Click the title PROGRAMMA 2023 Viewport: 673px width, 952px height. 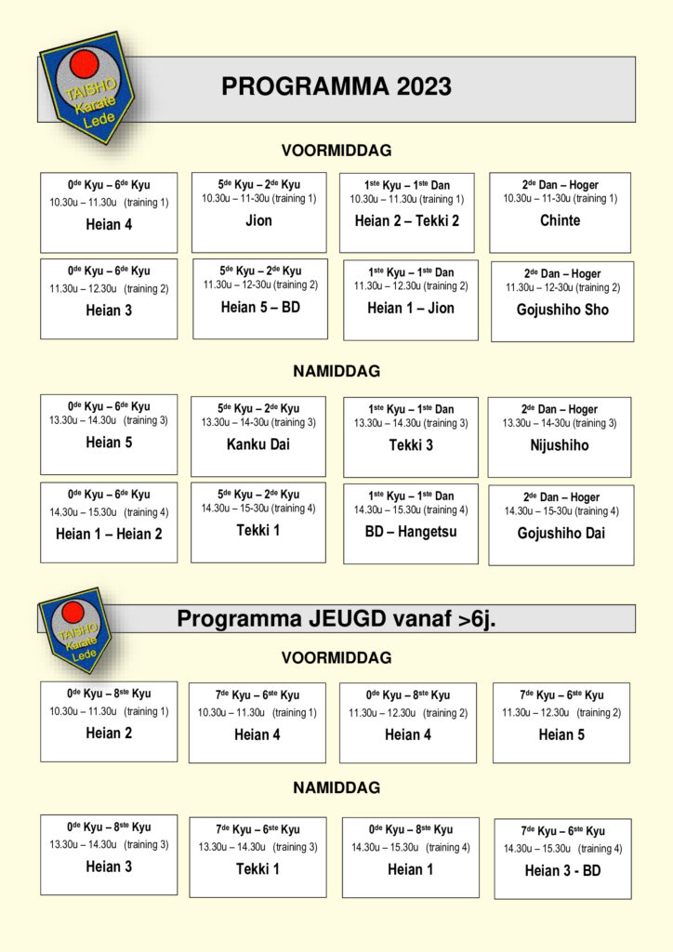click(336, 87)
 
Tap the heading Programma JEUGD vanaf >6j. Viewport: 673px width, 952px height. click(336, 619)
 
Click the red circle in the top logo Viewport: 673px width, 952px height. click(85, 64)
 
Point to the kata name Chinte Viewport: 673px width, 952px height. click(560, 221)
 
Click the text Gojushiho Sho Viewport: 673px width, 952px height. click(562, 311)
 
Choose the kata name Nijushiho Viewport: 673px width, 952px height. click(560, 446)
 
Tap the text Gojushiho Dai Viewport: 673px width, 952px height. click(561, 534)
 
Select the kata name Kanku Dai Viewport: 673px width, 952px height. click(258, 444)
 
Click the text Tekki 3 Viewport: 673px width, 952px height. click(411, 445)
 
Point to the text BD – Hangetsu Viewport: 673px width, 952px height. click(411, 532)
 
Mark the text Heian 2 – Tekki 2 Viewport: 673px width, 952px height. click(407, 221)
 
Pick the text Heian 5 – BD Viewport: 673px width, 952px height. click(260, 308)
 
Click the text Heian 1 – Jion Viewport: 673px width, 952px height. click(411, 309)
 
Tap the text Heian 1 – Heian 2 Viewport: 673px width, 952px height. click(109, 534)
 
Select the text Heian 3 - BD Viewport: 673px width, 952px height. click(562, 871)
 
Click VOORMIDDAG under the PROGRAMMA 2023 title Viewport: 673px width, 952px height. click(336, 151)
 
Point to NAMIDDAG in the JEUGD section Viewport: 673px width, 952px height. click(336, 788)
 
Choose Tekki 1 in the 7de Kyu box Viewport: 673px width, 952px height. click(257, 869)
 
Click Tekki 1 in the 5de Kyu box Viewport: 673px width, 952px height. click(257, 531)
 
